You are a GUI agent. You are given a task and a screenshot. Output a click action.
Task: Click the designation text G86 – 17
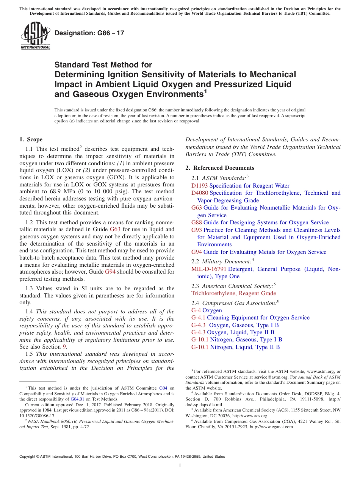(89, 33)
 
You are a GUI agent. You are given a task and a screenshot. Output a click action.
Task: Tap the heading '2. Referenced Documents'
(220, 168)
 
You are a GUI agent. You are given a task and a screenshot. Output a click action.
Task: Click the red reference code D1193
(200, 186)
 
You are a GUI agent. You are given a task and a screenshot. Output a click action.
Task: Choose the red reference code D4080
(200, 193)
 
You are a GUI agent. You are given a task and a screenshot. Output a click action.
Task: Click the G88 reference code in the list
(197, 222)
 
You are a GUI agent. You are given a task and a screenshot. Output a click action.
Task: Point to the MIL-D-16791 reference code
(209, 269)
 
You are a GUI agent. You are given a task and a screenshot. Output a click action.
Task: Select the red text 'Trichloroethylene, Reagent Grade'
(233, 293)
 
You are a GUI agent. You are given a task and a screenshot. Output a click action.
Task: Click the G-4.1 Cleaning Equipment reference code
(198, 318)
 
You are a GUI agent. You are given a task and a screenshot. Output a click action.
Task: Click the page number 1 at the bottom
(180, 466)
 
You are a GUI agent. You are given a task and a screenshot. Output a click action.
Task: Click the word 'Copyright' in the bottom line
(27, 457)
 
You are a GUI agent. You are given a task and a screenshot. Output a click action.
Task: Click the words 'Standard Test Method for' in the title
(103, 65)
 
